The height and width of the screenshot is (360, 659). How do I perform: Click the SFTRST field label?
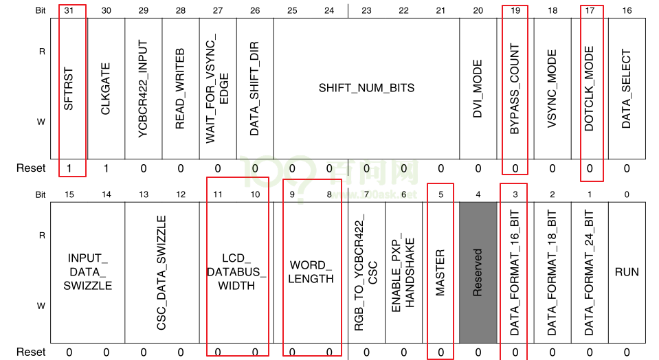point(69,87)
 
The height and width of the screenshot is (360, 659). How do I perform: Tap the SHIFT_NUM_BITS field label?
point(366,88)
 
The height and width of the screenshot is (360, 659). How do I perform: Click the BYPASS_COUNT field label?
point(515,89)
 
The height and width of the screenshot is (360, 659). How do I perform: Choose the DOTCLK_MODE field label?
point(590,89)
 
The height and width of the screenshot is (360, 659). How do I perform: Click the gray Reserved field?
point(478,272)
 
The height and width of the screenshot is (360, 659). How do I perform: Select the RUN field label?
point(627,272)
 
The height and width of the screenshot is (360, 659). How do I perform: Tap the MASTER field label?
point(440,272)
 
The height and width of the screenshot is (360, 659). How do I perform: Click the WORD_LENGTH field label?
point(311,272)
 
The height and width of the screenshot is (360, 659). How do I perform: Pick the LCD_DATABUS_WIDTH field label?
point(236,272)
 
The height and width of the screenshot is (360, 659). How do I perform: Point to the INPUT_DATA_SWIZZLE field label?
point(87,272)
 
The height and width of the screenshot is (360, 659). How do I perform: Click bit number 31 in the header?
point(69,10)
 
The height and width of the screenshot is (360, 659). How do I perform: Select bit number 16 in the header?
point(627,10)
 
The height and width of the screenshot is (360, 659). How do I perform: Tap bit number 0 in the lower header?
point(627,195)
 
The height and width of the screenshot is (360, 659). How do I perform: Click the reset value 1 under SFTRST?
point(69,168)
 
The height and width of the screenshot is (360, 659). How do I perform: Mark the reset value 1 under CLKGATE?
point(106,168)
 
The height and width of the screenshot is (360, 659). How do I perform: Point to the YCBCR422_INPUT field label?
point(143,88)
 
